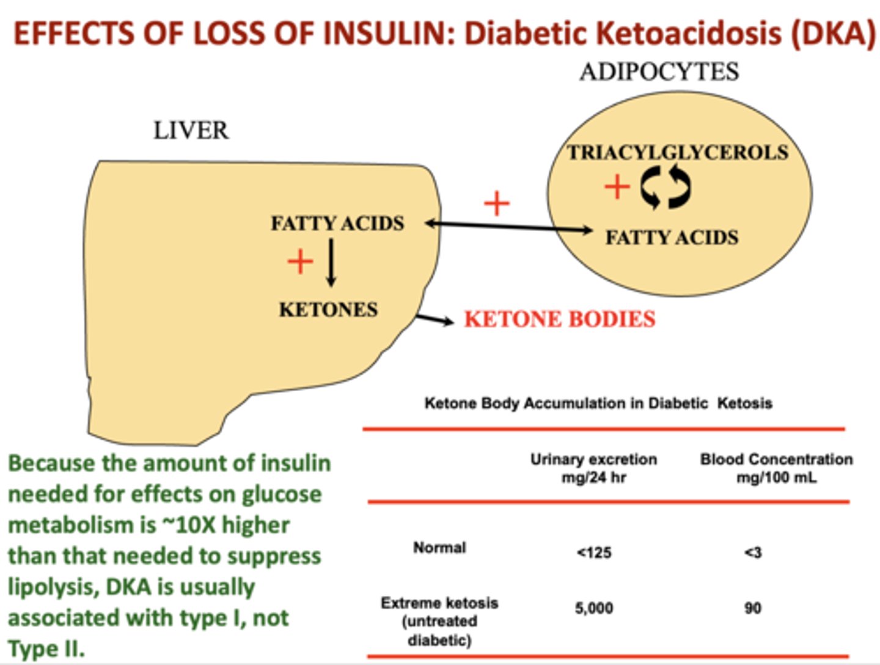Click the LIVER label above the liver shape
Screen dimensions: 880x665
(191, 131)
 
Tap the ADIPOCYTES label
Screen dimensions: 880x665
(659, 72)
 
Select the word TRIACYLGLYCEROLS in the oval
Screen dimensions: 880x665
(678, 153)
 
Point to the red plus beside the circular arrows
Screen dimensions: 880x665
(617, 187)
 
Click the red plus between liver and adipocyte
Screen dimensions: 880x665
(497, 203)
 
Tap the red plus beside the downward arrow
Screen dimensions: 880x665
(300, 262)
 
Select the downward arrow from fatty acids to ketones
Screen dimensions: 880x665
(331, 263)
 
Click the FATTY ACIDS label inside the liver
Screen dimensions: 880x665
(337, 224)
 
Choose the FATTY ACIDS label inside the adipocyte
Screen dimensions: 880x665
(672, 237)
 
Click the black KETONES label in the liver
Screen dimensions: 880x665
(328, 309)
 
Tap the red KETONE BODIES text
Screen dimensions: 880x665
(560, 320)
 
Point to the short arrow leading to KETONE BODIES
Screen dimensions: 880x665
(435, 320)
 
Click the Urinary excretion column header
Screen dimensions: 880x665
(594, 468)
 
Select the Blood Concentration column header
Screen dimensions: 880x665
(777, 468)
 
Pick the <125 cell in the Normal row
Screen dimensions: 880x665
(594, 553)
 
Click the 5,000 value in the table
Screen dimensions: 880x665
(594, 609)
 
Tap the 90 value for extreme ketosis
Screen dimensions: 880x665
(752, 609)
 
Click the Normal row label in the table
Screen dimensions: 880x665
(439, 548)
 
